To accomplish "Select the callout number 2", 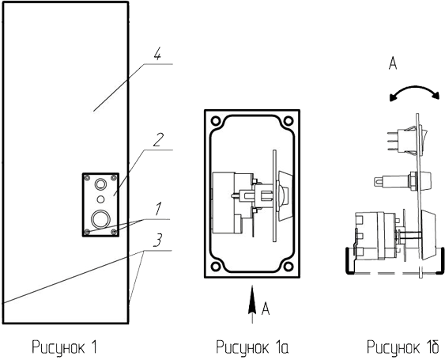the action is coord(158,140).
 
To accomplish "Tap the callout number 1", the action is coord(158,209).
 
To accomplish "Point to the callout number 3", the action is coord(158,240).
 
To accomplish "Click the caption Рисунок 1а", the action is coord(252,347).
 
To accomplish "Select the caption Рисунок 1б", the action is coord(403,347).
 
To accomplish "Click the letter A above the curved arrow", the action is coord(393,63).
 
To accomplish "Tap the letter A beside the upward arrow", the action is coord(266,309).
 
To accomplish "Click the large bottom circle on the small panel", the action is coord(100,219).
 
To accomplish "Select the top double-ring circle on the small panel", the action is coord(100,184).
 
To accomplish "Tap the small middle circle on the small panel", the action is coord(100,199).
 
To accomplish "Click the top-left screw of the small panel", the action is coord(87,178).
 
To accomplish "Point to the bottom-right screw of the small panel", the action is coord(114,232).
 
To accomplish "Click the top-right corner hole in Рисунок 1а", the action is coord(288,121).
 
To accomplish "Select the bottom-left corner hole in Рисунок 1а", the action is coord(216,267).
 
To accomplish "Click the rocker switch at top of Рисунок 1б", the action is coord(407,141).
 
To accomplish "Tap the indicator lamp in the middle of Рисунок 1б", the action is coord(402,180).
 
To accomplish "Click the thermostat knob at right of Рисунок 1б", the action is coord(428,235).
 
